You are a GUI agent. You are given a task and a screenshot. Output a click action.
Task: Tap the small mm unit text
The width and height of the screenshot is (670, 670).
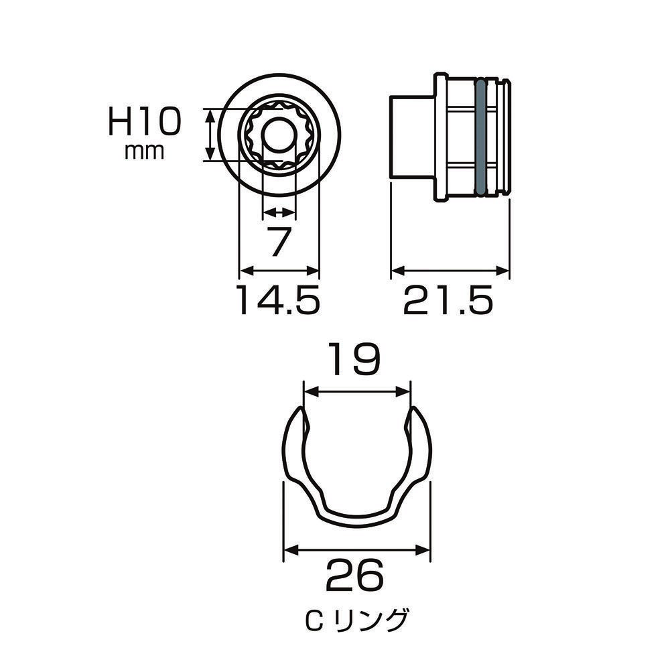point(144,151)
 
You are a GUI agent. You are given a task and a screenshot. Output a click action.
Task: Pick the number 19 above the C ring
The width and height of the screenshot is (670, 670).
point(356,360)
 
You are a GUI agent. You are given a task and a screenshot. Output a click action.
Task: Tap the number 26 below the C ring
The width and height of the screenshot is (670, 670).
point(354,575)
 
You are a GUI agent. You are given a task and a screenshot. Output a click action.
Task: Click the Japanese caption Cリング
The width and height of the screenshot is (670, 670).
point(356,620)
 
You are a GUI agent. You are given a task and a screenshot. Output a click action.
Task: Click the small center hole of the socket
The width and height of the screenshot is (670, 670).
point(279,135)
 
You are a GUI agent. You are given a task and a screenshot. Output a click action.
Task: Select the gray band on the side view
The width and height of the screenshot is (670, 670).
point(480,137)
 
